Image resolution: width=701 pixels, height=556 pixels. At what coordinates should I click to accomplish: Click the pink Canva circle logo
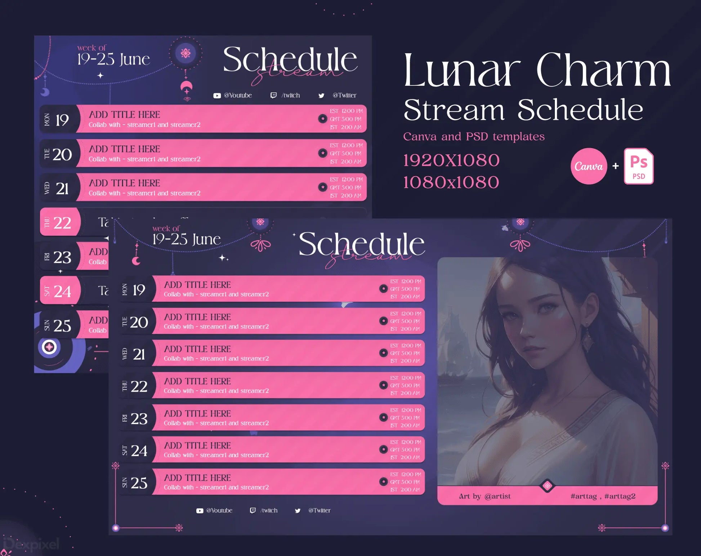coord(589,166)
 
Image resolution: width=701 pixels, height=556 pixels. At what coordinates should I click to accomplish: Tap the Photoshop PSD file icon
coord(639,166)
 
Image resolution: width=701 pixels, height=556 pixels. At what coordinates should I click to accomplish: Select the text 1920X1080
coord(451,161)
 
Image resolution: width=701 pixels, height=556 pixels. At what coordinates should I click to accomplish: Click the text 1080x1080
coord(451,182)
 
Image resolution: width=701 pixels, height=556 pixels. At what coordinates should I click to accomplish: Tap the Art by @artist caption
coord(485,496)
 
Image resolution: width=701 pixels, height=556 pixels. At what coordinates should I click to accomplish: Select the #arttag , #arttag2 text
coord(603,496)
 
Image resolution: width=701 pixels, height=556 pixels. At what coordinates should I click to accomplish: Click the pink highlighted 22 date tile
coord(59,222)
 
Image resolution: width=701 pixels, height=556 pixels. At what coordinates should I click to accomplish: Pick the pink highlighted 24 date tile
coord(59,291)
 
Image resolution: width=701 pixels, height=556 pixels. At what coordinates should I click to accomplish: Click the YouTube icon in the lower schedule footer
coord(200,511)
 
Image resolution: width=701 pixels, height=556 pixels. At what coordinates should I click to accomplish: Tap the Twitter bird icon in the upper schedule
coord(321,96)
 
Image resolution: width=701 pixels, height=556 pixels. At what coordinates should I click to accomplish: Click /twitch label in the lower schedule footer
coord(269,511)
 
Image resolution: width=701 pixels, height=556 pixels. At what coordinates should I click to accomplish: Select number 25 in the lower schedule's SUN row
coord(139,483)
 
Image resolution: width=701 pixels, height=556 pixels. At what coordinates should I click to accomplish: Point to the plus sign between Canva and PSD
coord(616,166)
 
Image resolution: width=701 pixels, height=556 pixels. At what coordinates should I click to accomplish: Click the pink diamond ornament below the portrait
coord(547,486)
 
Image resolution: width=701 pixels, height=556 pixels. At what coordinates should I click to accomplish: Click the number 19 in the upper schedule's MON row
coord(62,120)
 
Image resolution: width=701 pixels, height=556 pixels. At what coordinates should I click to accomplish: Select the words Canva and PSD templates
coord(474,137)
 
